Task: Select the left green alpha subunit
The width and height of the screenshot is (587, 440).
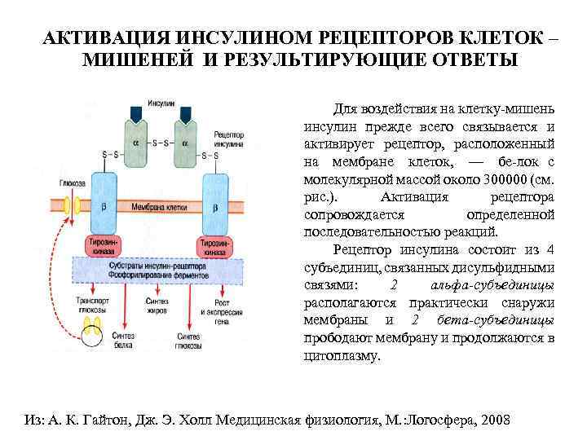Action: [x=136, y=140]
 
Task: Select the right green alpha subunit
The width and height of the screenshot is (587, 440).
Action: [x=186, y=140]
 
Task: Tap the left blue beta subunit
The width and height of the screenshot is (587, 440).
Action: [x=104, y=205]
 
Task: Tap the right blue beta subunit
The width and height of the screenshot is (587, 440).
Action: [x=216, y=205]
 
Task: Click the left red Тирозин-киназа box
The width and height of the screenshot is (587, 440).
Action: [x=104, y=247]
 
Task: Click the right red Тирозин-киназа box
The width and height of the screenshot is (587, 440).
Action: [x=216, y=247]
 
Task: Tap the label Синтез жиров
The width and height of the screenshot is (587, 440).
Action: [x=157, y=306]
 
